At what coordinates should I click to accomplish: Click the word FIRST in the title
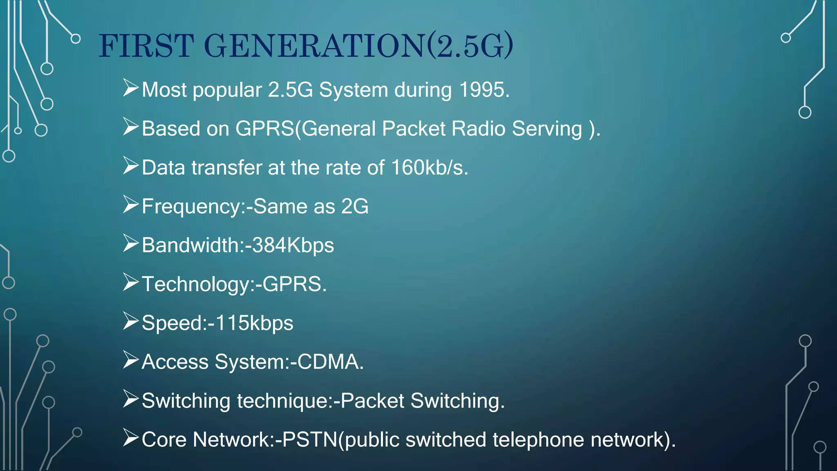click(x=146, y=45)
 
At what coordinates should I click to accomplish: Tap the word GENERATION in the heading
click(x=315, y=45)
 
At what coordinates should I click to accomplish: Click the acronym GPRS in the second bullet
click(x=265, y=128)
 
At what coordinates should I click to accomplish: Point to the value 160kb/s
click(x=429, y=167)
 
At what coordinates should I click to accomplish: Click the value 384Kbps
click(x=293, y=245)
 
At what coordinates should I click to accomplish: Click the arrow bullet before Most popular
click(x=131, y=88)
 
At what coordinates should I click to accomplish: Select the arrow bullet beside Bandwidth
click(x=131, y=243)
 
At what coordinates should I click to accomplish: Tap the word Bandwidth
click(x=190, y=245)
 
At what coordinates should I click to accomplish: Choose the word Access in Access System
click(x=175, y=362)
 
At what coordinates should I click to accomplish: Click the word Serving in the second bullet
click(x=547, y=128)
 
